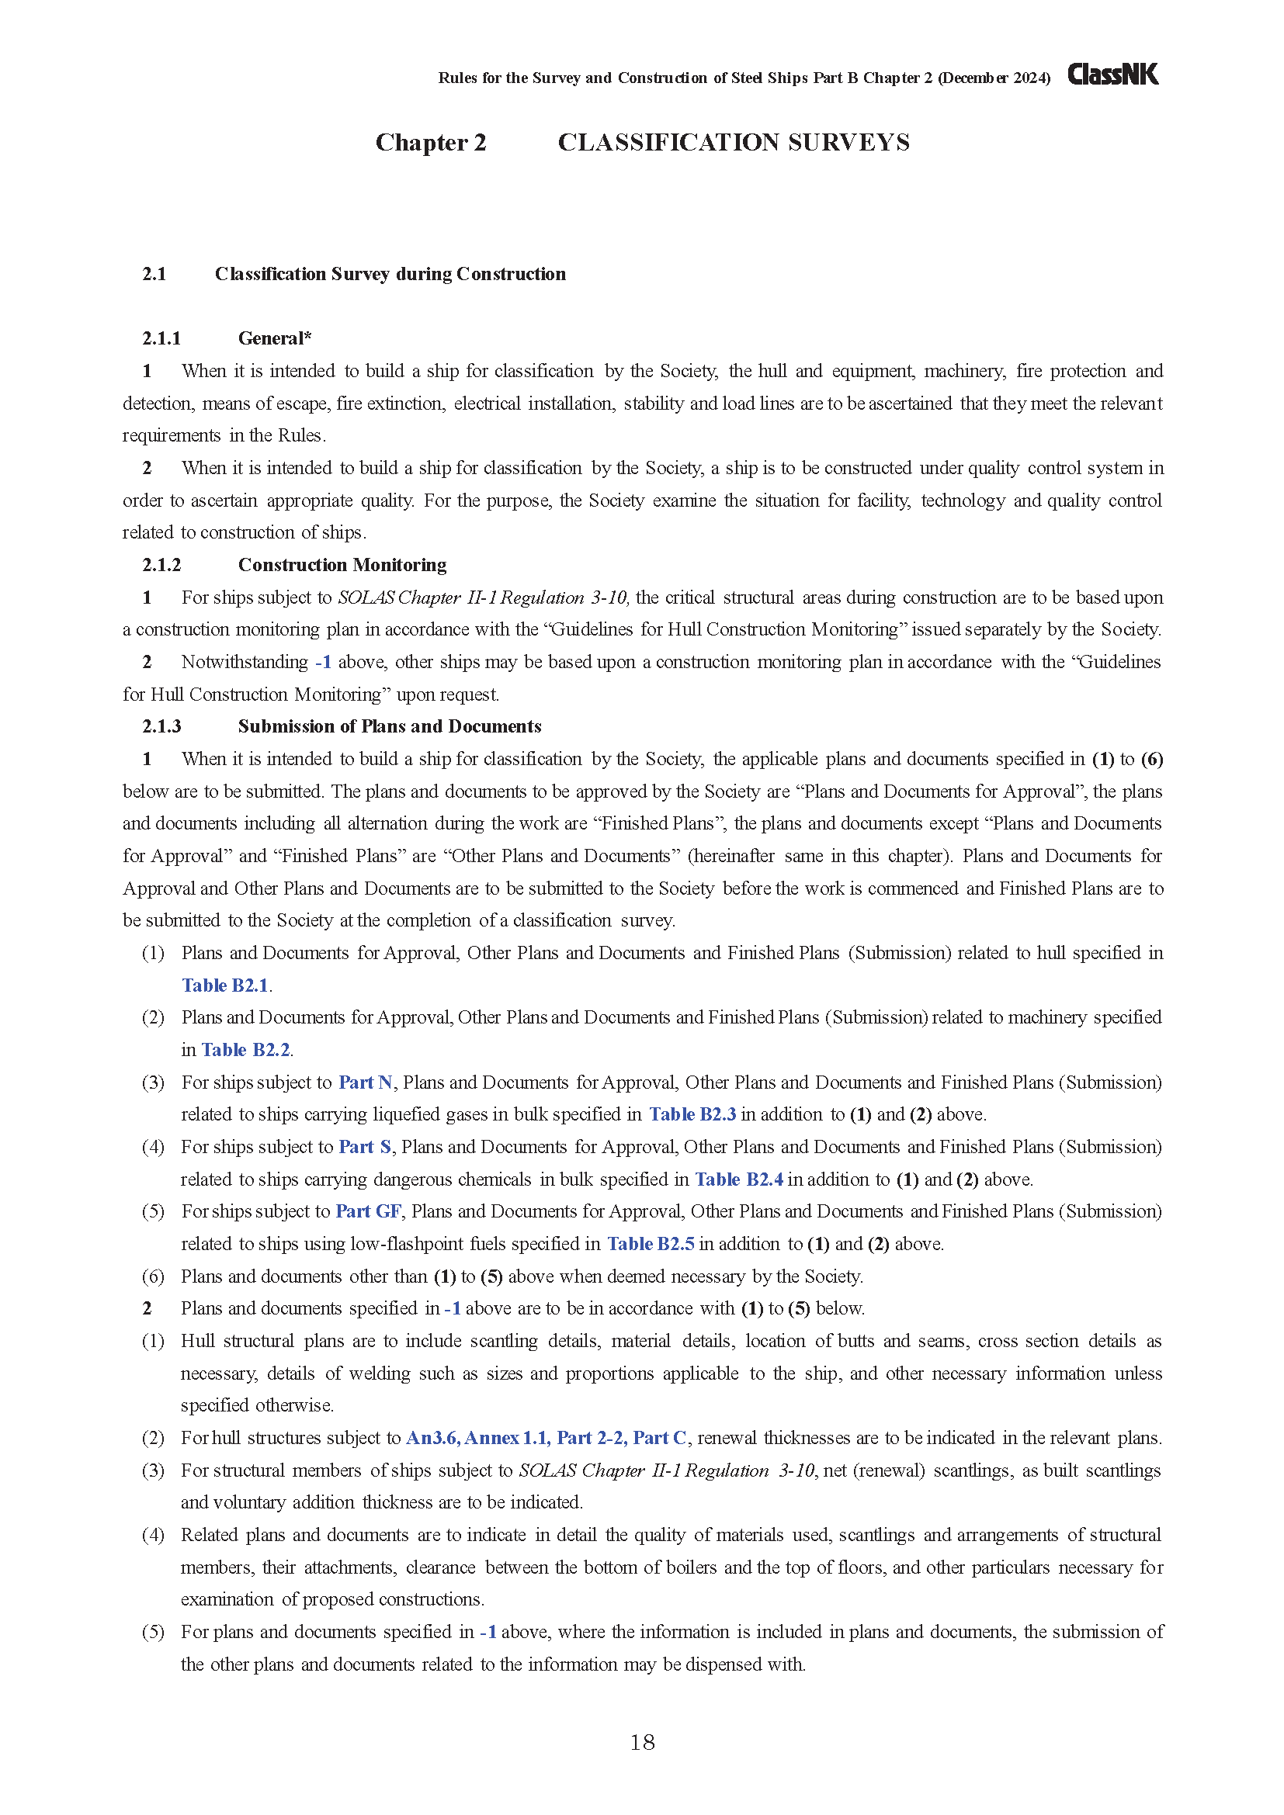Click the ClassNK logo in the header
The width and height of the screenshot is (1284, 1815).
click(1112, 74)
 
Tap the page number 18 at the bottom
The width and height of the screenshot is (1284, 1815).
click(642, 1742)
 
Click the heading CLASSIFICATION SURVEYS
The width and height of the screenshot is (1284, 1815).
click(733, 142)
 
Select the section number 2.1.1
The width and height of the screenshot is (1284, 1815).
click(161, 338)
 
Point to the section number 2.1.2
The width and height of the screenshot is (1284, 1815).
click(161, 564)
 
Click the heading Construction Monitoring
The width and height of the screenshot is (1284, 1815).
click(342, 564)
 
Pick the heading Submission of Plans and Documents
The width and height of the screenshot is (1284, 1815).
click(389, 726)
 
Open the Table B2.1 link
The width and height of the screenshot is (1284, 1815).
click(225, 985)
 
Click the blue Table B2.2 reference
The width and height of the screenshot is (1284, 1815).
click(246, 1050)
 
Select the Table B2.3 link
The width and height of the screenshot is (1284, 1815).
click(692, 1114)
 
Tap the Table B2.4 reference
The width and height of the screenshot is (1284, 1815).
click(738, 1179)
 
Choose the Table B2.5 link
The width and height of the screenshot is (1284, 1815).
click(650, 1243)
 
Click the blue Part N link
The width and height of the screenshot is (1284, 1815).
click(366, 1082)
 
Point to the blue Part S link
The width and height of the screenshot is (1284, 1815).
click(365, 1146)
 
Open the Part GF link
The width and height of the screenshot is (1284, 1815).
click(369, 1211)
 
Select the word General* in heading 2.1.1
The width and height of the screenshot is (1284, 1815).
click(274, 338)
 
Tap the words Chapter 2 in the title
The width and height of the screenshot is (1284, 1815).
click(430, 142)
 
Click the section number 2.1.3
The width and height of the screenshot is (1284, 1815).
click(161, 726)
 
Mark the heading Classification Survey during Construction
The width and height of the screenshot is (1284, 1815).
click(390, 273)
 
